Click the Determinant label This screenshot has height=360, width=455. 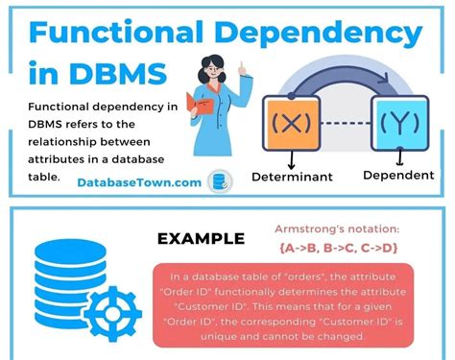[x=292, y=178]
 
